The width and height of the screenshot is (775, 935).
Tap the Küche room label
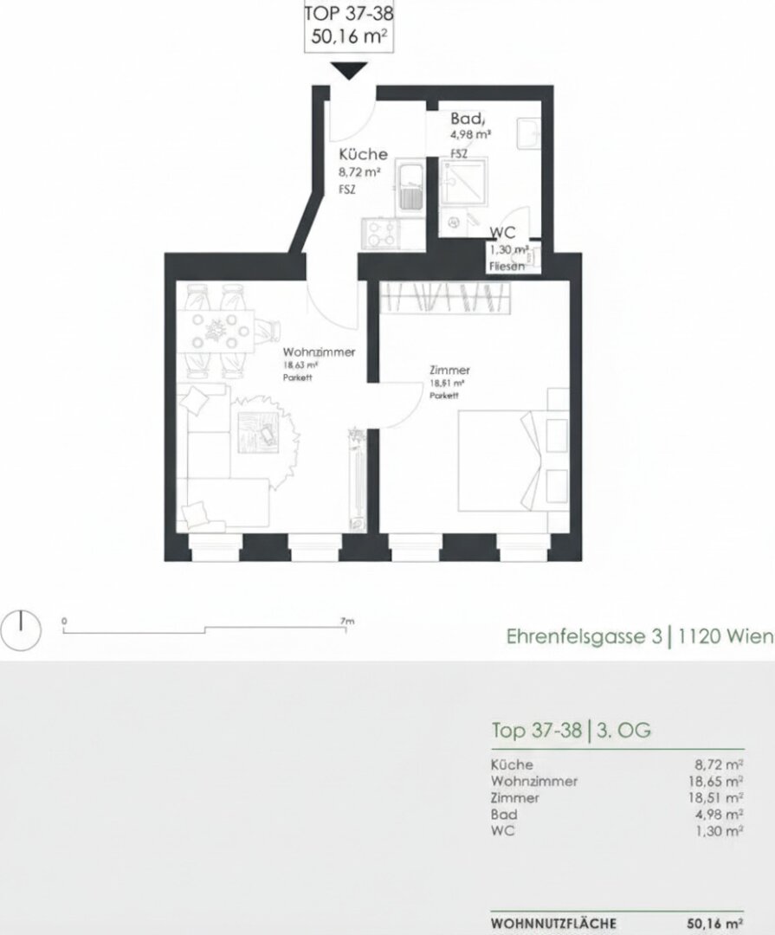[363, 154]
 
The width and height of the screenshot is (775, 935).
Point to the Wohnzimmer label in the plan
[319, 352]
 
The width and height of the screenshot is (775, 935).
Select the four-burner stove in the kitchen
[380, 232]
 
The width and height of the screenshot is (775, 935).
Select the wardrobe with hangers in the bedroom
[447, 299]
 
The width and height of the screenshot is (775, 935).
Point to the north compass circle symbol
[22, 630]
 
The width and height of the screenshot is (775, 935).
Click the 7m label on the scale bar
[347, 621]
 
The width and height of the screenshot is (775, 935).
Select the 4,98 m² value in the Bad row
[719, 815]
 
